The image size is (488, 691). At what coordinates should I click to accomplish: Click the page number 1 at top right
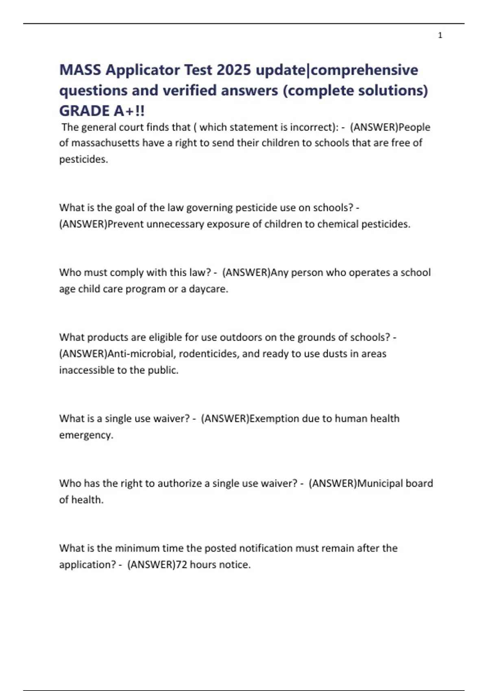pos(440,35)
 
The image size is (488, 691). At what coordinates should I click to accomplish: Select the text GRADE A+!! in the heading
pos(102,111)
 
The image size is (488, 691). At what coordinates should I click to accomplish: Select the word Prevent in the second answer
pos(125,224)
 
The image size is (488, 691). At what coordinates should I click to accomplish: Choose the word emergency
pos(86,435)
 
